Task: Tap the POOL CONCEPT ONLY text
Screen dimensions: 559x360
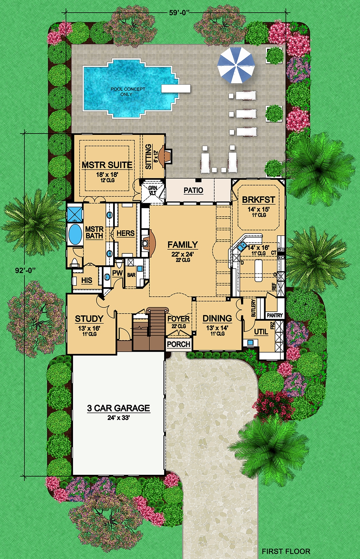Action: point(128,91)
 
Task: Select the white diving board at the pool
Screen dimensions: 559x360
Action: point(176,88)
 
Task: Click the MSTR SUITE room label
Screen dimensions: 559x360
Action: point(107,165)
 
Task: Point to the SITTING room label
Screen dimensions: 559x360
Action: point(148,157)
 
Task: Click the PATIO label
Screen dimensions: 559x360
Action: point(193,190)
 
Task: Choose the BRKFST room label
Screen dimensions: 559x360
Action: point(258,200)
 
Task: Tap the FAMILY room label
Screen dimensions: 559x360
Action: point(183,245)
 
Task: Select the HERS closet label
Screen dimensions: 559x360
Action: point(125,234)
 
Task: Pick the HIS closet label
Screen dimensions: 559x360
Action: point(86,280)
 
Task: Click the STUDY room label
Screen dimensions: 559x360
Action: point(89,319)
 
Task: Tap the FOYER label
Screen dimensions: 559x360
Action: point(179,319)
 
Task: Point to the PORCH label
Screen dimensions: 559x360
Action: point(179,344)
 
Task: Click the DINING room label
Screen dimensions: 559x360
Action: point(217,319)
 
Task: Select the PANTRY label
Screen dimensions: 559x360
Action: point(275,315)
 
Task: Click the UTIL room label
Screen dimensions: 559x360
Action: point(261,332)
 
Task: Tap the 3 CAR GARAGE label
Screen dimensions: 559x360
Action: point(118,408)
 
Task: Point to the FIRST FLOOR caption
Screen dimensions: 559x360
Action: point(286,551)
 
